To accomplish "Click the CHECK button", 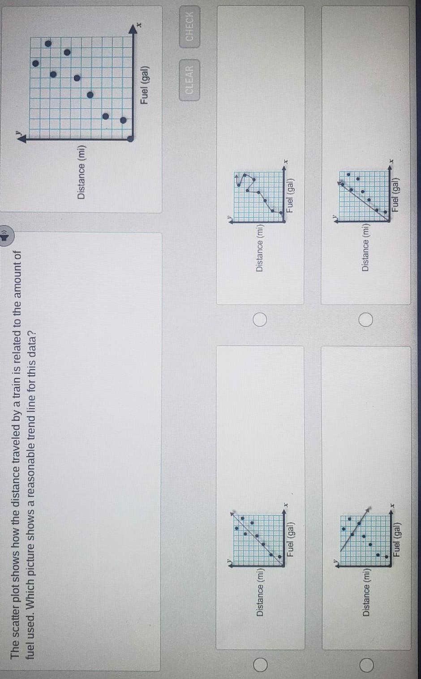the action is tap(189, 26).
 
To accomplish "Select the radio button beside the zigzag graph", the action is tap(260, 320).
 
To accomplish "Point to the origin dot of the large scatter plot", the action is tap(130, 139).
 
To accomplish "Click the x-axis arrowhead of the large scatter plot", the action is tap(133, 30).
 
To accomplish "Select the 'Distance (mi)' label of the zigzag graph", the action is tap(260, 248).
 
